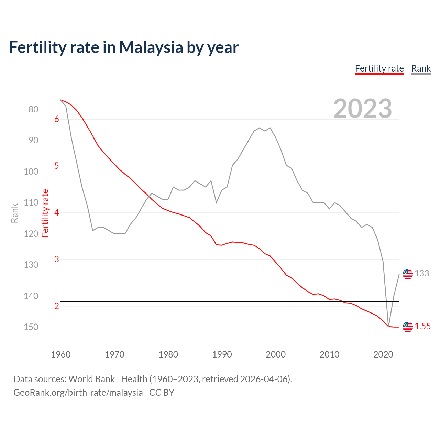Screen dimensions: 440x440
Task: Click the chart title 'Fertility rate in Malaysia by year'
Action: [x=124, y=47]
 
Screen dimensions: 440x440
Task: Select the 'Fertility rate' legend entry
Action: [x=379, y=68]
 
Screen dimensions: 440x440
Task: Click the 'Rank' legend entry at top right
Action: [x=421, y=68]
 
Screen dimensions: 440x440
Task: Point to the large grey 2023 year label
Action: [x=362, y=109]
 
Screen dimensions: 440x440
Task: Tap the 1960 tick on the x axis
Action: [x=61, y=354]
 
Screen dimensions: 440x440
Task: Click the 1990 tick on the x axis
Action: [x=222, y=354]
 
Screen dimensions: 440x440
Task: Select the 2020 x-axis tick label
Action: [x=383, y=354]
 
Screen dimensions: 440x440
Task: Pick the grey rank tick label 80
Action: [x=33, y=110]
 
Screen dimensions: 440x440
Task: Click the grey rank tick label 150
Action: [x=31, y=327]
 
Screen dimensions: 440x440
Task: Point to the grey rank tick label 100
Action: [x=31, y=172]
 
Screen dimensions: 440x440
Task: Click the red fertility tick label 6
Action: [x=57, y=119]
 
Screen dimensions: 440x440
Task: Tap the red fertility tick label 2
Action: [x=57, y=306]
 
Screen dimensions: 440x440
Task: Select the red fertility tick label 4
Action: [x=57, y=213]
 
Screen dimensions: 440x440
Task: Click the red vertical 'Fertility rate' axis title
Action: [x=45, y=213]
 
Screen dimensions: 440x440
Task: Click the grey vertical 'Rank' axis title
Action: [x=14, y=213]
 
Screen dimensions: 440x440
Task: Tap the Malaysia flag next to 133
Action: [x=408, y=274]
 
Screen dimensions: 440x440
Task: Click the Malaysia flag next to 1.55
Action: [x=408, y=327]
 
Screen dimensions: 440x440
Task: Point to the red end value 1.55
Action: [x=422, y=327]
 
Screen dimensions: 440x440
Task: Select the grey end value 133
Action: [x=422, y=274]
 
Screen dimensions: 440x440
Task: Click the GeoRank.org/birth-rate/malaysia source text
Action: [x=78, y=393]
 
